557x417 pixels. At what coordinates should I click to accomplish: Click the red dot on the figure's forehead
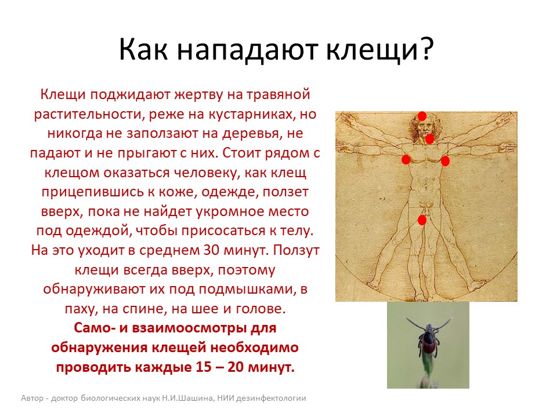(422, 116)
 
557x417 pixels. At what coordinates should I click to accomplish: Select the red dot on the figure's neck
(429, 139)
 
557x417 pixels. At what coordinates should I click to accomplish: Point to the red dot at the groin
(422, 220)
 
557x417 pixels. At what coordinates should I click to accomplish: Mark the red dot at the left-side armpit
(406, 159)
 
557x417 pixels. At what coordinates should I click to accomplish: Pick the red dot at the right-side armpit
(445, 161)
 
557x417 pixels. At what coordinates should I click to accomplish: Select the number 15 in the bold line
(204, 367)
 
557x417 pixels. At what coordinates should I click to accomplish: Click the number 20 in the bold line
(236, 367)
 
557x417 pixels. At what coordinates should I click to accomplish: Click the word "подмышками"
(247, 290)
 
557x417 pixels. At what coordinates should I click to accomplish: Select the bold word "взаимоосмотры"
(189, 328)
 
